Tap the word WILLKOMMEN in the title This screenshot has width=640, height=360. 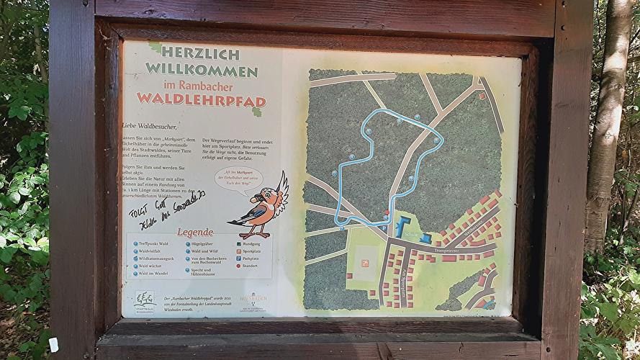(202, 71)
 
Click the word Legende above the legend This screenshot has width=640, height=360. (195, 232)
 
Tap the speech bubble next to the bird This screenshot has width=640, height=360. (238, 176)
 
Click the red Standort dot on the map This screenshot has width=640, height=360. (387, 213)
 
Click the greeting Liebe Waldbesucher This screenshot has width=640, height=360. (150, 126)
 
